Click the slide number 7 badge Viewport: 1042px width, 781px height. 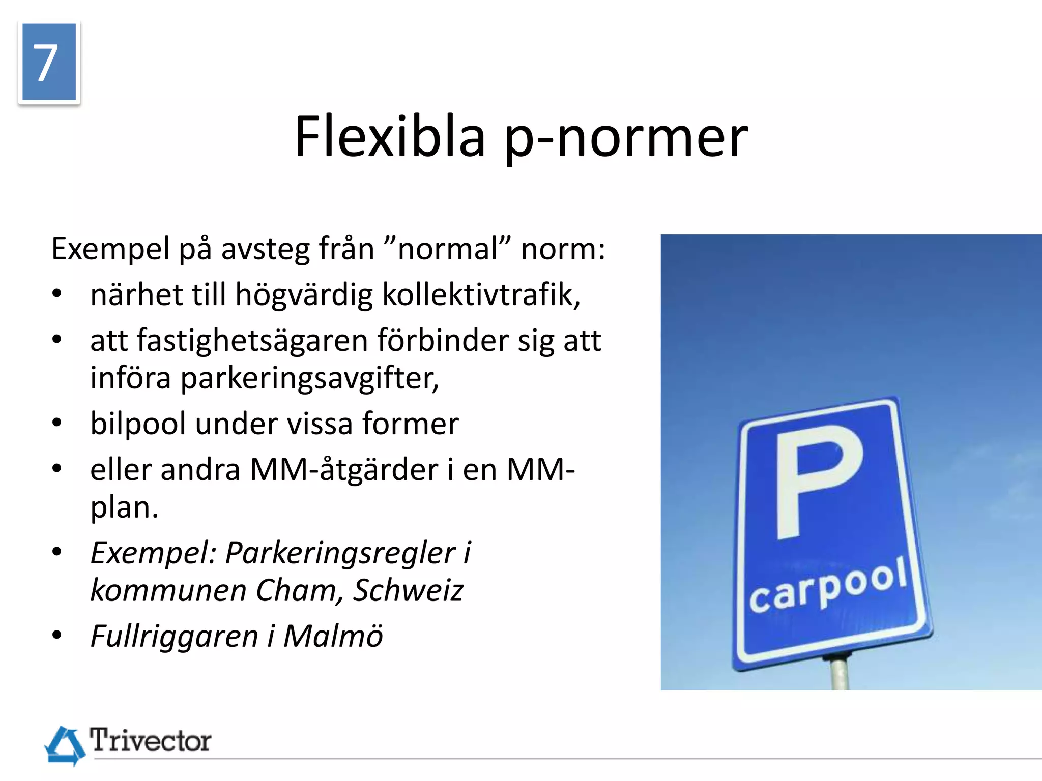pyautogui.click(x=49, y=62)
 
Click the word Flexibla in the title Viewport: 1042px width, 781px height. pyautogui.click(x=390, y=136)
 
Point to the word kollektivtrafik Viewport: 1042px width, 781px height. pyautogui.click(x=481, y=294)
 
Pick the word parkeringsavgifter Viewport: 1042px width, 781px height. pyautogui.click(x=309, y=379)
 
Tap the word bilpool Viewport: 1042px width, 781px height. pyautogui.click(x=138, y=424)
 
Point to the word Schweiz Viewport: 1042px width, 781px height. pyautogui.click(x=408, y=590)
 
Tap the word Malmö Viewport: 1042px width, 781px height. pyautogui.click(x=333, y=636)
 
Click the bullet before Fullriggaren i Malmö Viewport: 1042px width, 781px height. pyautogui.click(x=57, y=636)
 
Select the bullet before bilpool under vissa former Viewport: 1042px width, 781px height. pyautogui.click(x=57, y=423)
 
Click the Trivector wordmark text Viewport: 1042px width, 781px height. pyautogui.click(x=150, y=740)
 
